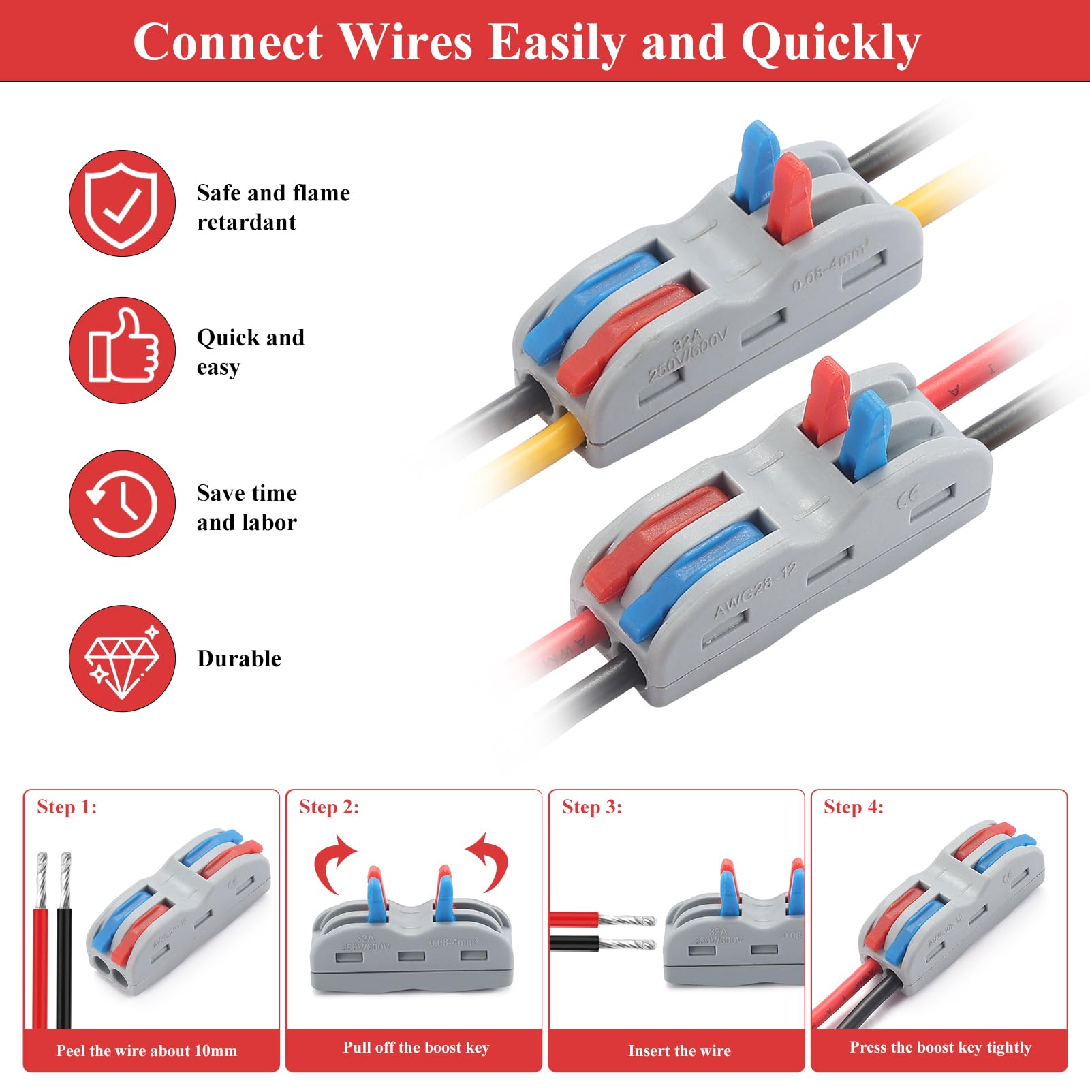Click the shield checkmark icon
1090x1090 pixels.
coord(122,203)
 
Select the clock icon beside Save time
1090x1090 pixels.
coord(122,503)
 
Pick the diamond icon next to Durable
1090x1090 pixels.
coord(122,659)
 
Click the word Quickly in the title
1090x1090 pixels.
coord(830,43)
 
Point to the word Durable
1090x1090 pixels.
coord(239,659)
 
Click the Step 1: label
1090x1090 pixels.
coord(67,807)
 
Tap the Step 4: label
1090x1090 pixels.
coord(854,807)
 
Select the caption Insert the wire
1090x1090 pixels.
coord(679,1050)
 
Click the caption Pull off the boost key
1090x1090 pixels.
coord(416,1048)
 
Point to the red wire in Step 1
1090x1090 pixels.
coord(41,967)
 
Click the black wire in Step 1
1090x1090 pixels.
coord(64,967)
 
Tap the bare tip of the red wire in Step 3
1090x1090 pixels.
coord(627,920)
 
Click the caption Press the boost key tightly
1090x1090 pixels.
coord(940,1048)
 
